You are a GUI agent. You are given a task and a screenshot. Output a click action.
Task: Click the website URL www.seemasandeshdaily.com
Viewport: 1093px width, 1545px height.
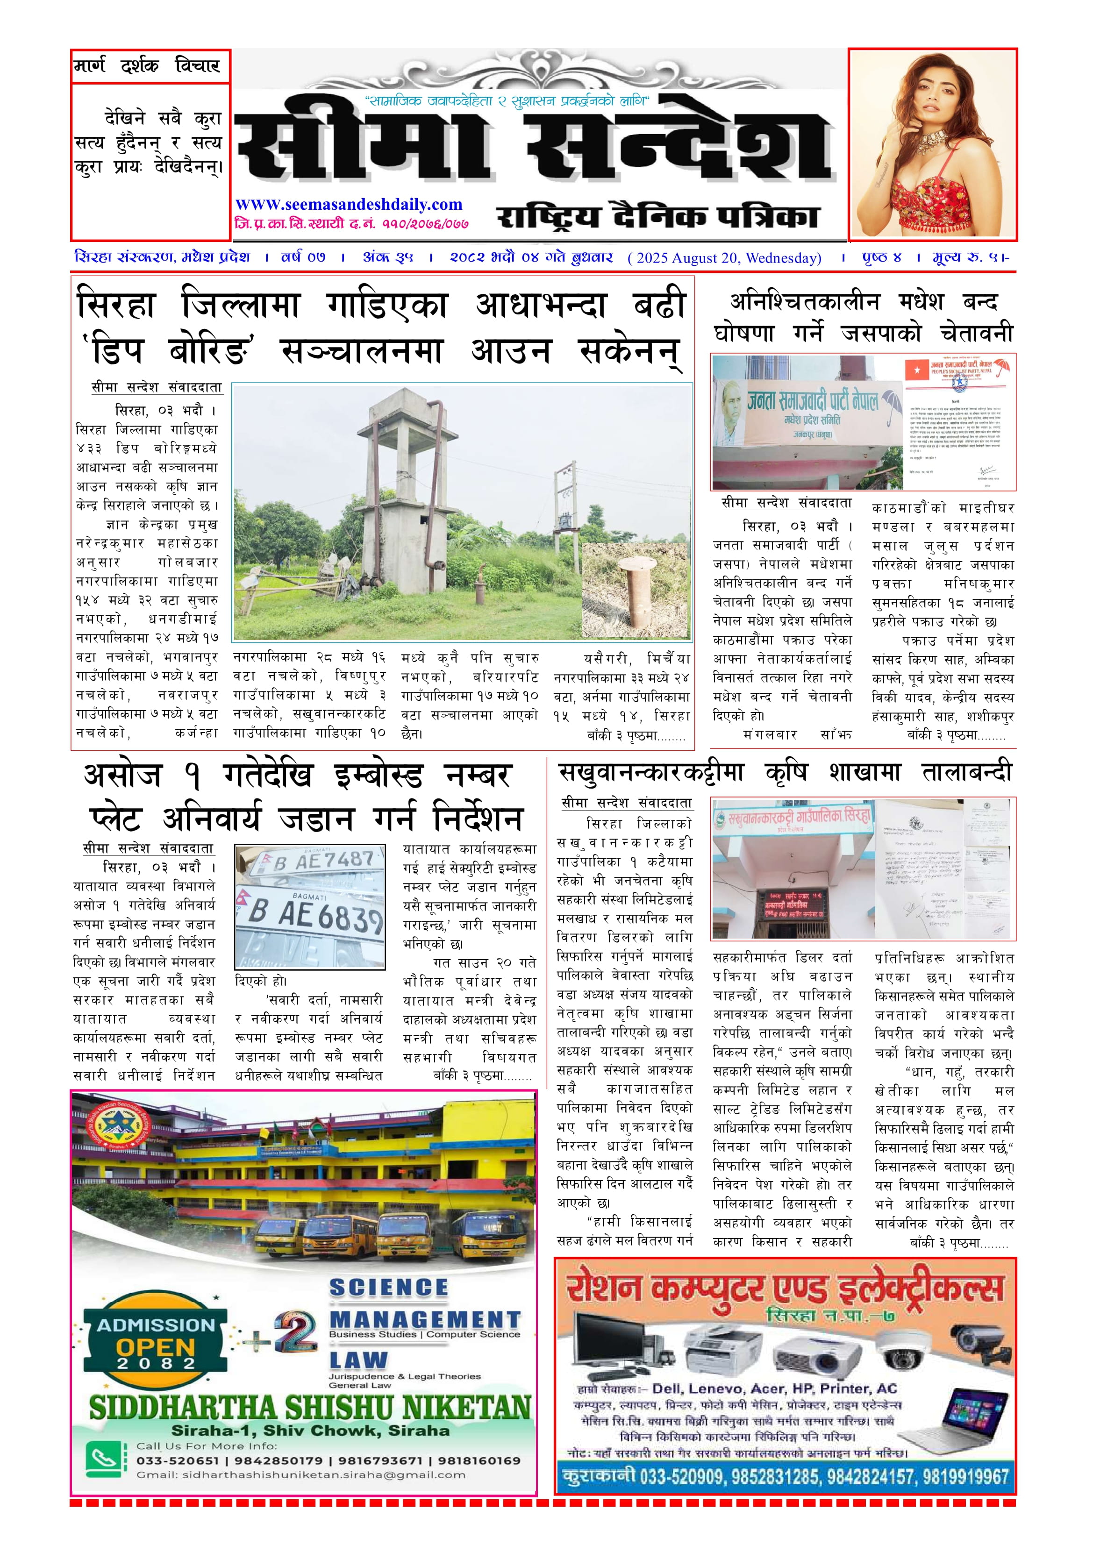(x=349, y=205)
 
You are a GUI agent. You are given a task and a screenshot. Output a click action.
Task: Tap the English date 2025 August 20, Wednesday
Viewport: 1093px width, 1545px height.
(x=724, y=258)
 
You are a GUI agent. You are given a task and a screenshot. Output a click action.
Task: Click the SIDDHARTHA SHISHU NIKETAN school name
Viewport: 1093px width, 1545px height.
(x=310, y=1408)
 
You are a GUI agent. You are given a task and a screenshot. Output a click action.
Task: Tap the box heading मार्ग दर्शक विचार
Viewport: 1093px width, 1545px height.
(x=147, y=66)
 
